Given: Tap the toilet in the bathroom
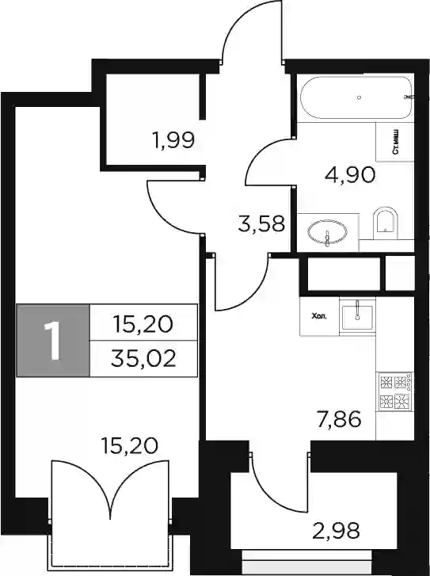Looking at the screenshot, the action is point(385,223).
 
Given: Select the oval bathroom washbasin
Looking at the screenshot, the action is point(327,232).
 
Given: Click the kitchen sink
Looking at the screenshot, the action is point(357,317).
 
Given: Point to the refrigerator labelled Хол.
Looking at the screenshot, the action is point(319,316).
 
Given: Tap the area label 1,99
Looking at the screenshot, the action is point(173,140).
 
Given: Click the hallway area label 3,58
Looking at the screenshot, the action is point(261,223).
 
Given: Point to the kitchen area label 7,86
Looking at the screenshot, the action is point(339,419).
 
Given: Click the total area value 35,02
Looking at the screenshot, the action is point(143,359).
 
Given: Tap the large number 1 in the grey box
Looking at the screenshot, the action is point(53,341).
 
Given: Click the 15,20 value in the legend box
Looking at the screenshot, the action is point(143,324).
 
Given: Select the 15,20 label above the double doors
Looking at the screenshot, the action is point(130,445).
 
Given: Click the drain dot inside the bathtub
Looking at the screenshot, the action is point(360,97).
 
